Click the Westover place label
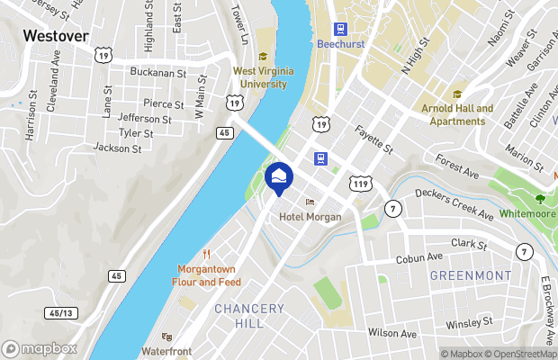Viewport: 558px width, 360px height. [55, 36]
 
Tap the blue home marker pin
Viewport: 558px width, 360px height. [279, 176]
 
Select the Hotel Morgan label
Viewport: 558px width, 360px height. [310, 217]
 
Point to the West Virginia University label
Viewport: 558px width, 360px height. [260, 76]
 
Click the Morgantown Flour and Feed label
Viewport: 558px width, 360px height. [207, 275]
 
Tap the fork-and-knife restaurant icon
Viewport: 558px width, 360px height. [207, 254]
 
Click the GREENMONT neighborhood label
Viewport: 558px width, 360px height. [470, 274]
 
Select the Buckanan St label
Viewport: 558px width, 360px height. [157, 71]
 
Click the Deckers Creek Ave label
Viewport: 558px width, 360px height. [454, 202]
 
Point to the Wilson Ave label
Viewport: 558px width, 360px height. [392, 333]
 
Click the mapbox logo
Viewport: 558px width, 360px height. [40, 348]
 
